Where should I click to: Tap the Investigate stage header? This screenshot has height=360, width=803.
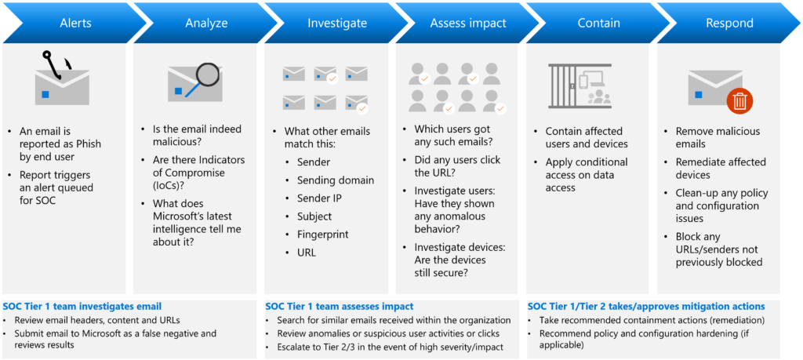point(337,23)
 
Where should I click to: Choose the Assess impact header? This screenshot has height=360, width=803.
point(468,23)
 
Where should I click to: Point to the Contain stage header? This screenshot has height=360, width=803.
point(598,23)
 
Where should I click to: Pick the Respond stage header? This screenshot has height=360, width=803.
point(729,23)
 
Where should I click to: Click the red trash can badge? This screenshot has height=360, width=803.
point(739,100)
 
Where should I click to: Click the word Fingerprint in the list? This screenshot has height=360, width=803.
point(322,234)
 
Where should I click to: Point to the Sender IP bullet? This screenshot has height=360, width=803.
point(320,198)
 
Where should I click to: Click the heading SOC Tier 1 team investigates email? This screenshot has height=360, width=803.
point(82,307)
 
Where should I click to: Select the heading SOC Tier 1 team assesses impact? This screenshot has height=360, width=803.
point(340,307)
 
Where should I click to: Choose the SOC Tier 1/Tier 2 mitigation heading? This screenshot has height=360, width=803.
point(646,307)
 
